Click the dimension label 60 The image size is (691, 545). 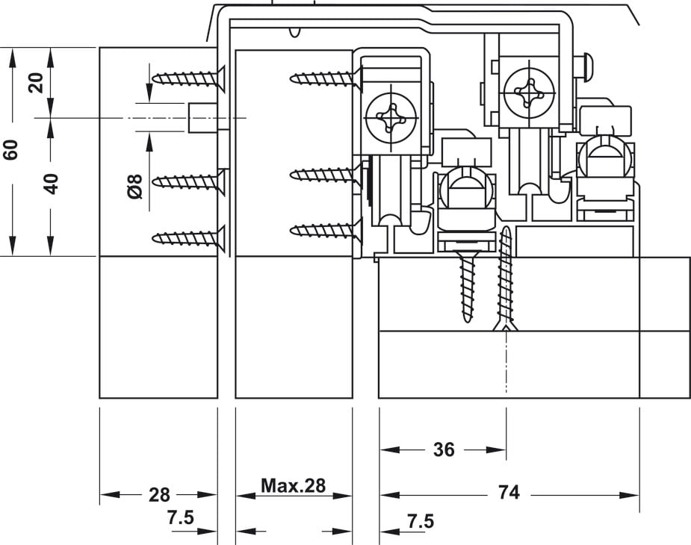click(10, 149)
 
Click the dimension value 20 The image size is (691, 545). click(36, 82)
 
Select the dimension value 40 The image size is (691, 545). click(51, 184)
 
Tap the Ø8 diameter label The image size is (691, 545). click(135, 187)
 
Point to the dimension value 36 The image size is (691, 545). click(443, 449)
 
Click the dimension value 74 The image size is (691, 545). click(509, 492)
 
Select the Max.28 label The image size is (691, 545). click(293, 485)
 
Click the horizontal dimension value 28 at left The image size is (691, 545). click(159, 495)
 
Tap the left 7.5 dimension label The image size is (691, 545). click(181, 517)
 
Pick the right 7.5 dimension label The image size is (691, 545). click(421, 521)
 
